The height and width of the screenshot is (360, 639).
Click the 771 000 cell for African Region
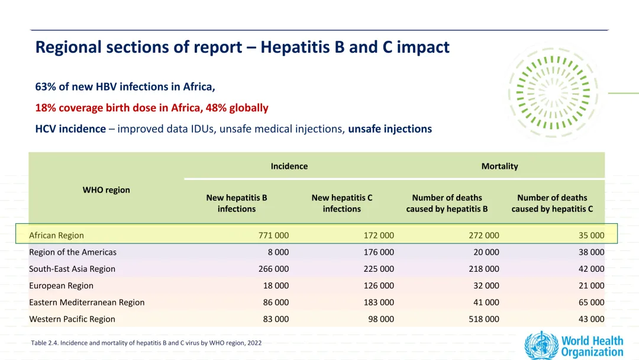[x=273, y=235]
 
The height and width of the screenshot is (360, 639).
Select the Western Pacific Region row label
[x=72, y=319]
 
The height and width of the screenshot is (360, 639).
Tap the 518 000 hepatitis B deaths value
[x=484, y=319]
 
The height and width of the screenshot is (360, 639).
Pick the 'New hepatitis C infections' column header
[x=342, y=203]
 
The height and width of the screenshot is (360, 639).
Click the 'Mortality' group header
[x=499, y=166]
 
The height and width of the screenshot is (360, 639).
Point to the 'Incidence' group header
[x=289, y=166]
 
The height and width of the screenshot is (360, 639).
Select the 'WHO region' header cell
[x=106, y=189]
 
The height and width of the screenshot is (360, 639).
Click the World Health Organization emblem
[x=541, y=345]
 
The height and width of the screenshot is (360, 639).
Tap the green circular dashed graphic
[x=553, y=93]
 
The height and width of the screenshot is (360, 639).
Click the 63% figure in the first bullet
[x=45, y=86]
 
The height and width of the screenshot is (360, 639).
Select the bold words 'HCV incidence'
[x=70, y=129]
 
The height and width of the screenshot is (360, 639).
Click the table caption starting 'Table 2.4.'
[x=146, y=343]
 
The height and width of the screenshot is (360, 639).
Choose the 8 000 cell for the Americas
[x=278, y=252]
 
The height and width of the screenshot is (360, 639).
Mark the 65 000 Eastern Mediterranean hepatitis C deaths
[x=591, y=302]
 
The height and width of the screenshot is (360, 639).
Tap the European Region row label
[x=61, y=285]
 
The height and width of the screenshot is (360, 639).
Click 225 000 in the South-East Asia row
[x=379, y=269]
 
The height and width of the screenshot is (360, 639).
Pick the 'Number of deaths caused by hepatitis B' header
[x=447, y=203]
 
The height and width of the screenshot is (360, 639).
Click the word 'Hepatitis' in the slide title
[x=296, y=47]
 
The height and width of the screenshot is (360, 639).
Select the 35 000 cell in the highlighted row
[x=591, y=235]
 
